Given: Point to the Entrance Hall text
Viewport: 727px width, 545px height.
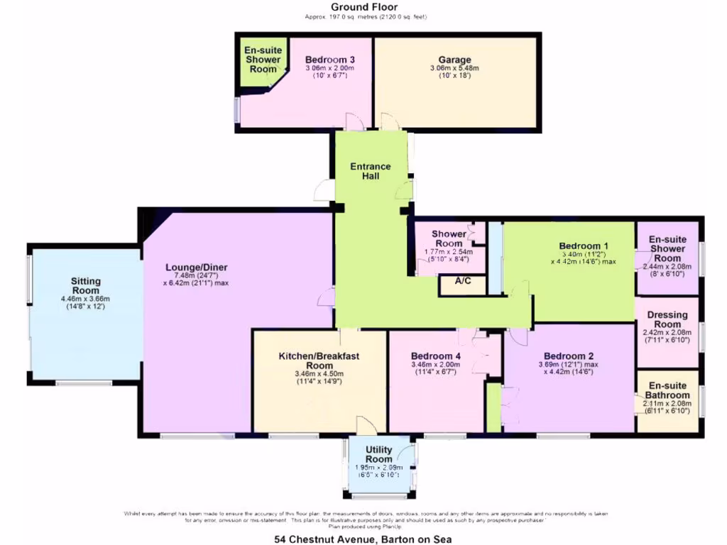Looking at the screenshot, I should [371, 171].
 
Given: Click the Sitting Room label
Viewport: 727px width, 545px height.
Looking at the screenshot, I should [85, 286].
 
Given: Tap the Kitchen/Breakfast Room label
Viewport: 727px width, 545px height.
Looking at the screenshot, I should [319, 360].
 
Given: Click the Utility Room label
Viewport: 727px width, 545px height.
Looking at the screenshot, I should [379, 455].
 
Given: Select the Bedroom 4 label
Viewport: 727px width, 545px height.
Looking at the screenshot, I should [436, 356].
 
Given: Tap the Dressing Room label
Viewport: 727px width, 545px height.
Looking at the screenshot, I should [667, 319].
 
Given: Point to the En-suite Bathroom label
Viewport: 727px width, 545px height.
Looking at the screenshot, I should [667, 390].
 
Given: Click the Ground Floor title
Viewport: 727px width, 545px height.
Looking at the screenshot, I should [365, 7].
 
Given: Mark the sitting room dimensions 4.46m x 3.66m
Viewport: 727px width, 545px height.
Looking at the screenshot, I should [85, 299].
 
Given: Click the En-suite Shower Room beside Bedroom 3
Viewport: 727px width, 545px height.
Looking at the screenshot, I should [263, 60].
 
